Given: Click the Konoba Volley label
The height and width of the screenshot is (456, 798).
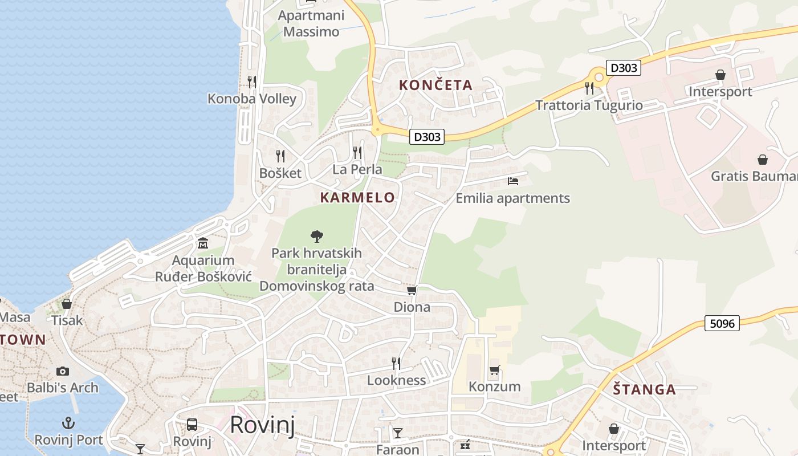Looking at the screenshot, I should (x=251, y=99).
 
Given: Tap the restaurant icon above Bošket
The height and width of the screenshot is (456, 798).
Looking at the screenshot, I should (x=280, y=156).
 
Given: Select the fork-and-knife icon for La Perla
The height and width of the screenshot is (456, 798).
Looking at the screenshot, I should (x=357, y=152).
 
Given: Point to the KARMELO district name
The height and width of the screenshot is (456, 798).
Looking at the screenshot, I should (x=357, y=198).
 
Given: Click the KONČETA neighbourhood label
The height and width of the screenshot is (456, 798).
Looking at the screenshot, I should (x=435, y=85).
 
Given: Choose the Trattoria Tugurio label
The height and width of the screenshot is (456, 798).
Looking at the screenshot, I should (x=589, y=105).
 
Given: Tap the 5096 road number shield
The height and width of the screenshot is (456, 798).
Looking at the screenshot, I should (x=722, y=323).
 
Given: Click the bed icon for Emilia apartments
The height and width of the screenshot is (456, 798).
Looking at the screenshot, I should (x=513, y=181).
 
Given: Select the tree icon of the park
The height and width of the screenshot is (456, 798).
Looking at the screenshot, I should (x=316, y=236).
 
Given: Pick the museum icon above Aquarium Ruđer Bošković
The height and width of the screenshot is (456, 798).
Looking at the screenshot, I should (x=203, y=243).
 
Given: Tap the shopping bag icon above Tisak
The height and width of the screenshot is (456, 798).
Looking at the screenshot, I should (x=67, y=304).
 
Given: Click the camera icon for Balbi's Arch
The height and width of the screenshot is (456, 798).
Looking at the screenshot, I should (x=63, y=371).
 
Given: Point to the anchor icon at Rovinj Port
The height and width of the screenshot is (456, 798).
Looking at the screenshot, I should (x=68, y=423).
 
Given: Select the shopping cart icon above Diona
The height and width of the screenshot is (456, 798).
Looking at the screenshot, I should (x=412, y=291).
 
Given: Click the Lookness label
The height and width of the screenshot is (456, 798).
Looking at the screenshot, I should (x=396, y=380).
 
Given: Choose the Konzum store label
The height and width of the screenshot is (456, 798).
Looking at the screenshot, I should (x=494, y=386).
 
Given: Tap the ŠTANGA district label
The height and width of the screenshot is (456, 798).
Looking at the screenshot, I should (x=644, y=390).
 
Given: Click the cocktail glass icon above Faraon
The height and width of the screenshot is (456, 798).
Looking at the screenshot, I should (x=397, y=433).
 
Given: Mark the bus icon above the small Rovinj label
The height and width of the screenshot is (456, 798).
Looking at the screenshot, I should (x=192, y=425).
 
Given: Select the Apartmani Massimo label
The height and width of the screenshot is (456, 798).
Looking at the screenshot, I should (x=311, y=23).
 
